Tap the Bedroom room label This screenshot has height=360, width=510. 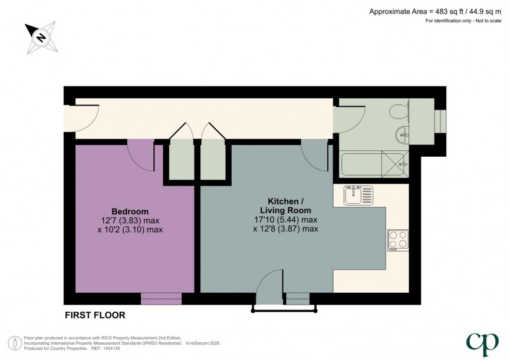(x=130, y=212)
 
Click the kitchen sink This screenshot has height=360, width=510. (x=357, y=194)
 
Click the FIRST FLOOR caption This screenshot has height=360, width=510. (x=94, y=315)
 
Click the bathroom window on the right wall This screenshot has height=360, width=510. (x=439, y=121)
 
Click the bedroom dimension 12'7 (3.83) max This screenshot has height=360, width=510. (x=130, y=220)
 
